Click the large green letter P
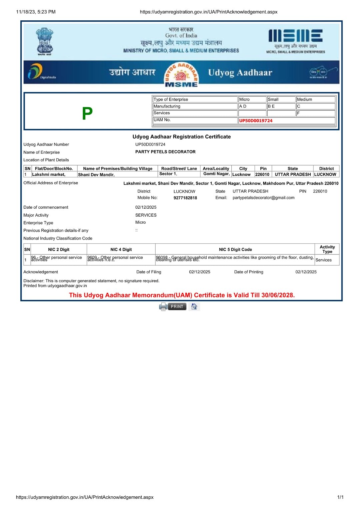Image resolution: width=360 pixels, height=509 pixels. pyautogui.click(x=87, y=113)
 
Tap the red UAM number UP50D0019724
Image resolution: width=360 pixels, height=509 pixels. pyautogui.click(x=256, y=121)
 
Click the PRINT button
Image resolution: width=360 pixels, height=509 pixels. pyautogui.click(x=177, y=306)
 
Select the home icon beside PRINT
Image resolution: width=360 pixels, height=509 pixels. pyautogui.click(x=194, y=306)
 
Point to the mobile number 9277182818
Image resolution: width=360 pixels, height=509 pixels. pyautogui.click(x=185, y=198)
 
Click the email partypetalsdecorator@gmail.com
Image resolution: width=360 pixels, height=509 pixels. pyautogui.click(x=263, y=198)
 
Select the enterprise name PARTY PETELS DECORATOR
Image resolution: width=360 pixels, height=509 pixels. pyautogui.click(x=165, y=152)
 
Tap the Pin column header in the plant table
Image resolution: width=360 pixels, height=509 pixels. pyautogui.click(x=263, y=169)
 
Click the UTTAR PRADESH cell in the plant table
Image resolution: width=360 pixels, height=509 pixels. pyautogui.click(x=293, y=174)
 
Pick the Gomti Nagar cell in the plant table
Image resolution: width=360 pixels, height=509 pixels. pyautogui.click(x=216, y=174)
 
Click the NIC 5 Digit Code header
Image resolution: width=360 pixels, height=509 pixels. pyautogui.click(x=235, y=249)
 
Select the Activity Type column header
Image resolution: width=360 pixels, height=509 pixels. pyautogui.click(x=327, y=249)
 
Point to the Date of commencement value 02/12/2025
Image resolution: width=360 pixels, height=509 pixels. pyautogui.click(x=146, y=207)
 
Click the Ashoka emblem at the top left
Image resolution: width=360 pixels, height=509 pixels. pyautogui.click(x=45, y=41)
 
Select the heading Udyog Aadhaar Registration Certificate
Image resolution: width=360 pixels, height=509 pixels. pyautogui.click(x=181, y=137)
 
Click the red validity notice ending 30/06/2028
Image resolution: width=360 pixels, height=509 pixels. pyautogui.click(x=182, y=295)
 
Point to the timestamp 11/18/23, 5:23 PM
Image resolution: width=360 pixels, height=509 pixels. pyautogui.click(x=36, y=12)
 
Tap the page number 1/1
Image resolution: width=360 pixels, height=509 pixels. pyautogui.click(x=340, y=497)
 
